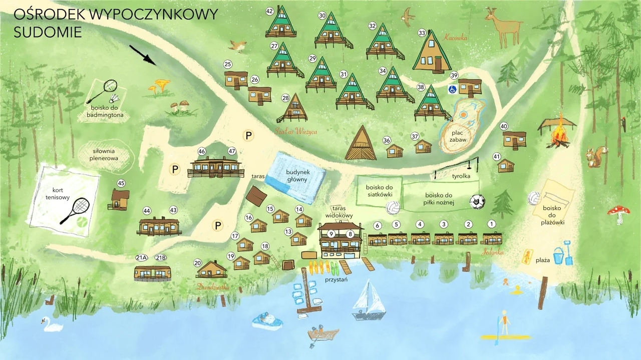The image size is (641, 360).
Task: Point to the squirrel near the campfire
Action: point(596,157)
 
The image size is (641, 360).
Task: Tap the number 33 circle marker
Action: point(422,33)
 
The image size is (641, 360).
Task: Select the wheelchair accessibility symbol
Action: point(452,89)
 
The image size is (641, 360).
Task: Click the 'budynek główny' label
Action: point(298,175)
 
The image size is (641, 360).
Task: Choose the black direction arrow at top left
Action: point(143,55)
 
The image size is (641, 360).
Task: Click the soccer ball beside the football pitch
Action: point(477,202)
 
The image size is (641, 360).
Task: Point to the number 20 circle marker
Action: point(197,263)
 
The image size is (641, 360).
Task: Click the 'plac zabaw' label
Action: point(458,136)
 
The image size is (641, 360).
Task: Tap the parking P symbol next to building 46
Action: point(175,169)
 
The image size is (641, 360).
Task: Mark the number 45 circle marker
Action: point(121,183)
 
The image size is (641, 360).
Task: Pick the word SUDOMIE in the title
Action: point(48,33)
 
